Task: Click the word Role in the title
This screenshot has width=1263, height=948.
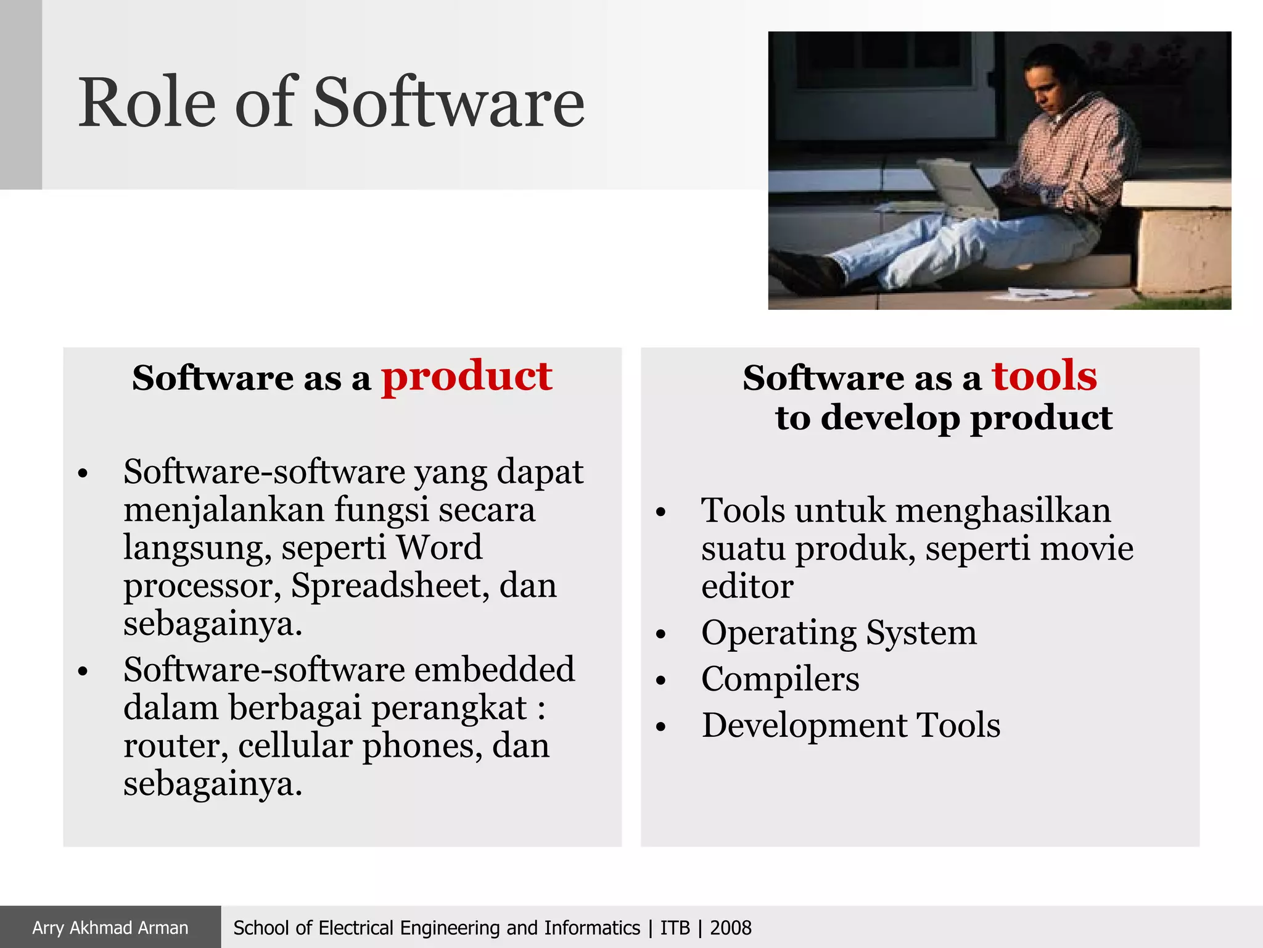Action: point(147,104)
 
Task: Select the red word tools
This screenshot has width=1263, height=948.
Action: point(1044,376)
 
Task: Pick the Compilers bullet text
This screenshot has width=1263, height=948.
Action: point(780,680)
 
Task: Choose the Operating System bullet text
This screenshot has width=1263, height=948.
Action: point(839,633)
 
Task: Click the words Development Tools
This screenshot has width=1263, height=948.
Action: point(850,726)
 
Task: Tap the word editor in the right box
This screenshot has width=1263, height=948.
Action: point(747,587)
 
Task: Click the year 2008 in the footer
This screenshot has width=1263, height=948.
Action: point(731,928)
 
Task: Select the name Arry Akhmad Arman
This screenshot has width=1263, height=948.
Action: point(110,928)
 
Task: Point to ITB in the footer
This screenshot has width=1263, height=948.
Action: point(675,928)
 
